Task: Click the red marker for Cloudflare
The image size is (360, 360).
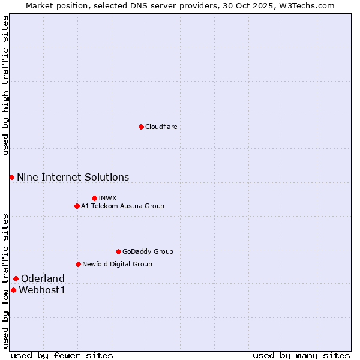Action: click(141, 127)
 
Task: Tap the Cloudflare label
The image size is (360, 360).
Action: click(161, 127)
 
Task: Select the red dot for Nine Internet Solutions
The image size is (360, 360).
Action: click(11, 177)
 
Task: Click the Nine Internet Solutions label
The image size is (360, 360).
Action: click(73, 177)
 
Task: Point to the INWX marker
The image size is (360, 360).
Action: click(94, 198)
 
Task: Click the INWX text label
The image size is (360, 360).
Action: click(107, 198)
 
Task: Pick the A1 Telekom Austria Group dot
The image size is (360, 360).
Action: click(77, 206)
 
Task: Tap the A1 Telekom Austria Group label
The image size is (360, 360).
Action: click(122, 206)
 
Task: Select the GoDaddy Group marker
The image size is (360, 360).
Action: click(118, 251)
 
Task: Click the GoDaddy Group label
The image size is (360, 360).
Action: click(148, 251)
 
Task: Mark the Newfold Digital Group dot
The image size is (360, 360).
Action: click(78, 264)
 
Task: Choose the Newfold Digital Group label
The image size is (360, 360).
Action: click(117, 264)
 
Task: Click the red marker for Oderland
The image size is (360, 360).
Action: click(16, 278)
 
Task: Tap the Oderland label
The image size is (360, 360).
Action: click(43, 278)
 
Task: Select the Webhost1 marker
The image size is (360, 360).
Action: click(13, 290)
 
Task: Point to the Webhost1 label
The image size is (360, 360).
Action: click(42, 290)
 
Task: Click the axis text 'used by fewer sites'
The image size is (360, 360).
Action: click(62, 355)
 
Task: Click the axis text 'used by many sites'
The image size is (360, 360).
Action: click(301, 355)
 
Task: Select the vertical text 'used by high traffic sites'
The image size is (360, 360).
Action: click(5, 85)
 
